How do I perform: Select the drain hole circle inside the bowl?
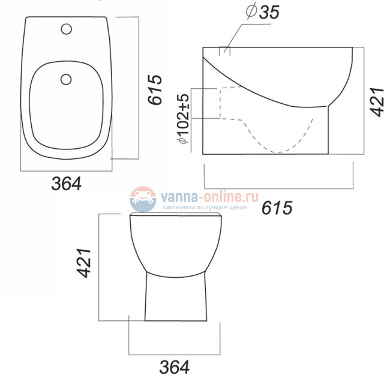67,77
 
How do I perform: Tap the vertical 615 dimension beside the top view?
155,90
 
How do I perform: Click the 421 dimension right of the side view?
376,99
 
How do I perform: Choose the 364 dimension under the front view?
175,367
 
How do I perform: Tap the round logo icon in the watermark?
142,199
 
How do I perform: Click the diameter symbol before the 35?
250,11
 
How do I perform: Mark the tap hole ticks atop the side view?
224,51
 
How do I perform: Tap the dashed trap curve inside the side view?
282,141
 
